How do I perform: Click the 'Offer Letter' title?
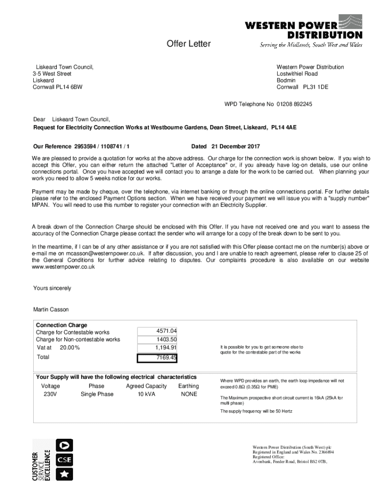click(x=188, y=44)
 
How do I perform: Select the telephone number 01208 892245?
click(x=294, y=104)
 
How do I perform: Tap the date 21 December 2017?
click(x=236, y=147)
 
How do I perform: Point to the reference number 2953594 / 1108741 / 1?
click(x=102, y=147)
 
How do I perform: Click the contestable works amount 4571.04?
click(x=166, y=331)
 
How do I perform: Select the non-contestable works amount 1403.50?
click(x=166, y=339)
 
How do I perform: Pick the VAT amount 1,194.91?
click(x=166, y=348)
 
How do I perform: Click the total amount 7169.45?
click(x=166, y=358)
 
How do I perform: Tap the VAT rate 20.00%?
click(x=70, y=348)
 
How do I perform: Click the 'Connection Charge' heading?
click(x=62, y=325)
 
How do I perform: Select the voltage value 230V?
click(x=50, y=394)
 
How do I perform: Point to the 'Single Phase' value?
click(x=97, y=394)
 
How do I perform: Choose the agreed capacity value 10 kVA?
click(x=146, y=394)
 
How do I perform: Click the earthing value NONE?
click(x=189, y=394)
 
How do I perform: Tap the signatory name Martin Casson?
click(x=51, y=310)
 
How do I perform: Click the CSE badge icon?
click(x=65, y=460)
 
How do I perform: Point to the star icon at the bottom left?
click(x=65, y=475)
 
